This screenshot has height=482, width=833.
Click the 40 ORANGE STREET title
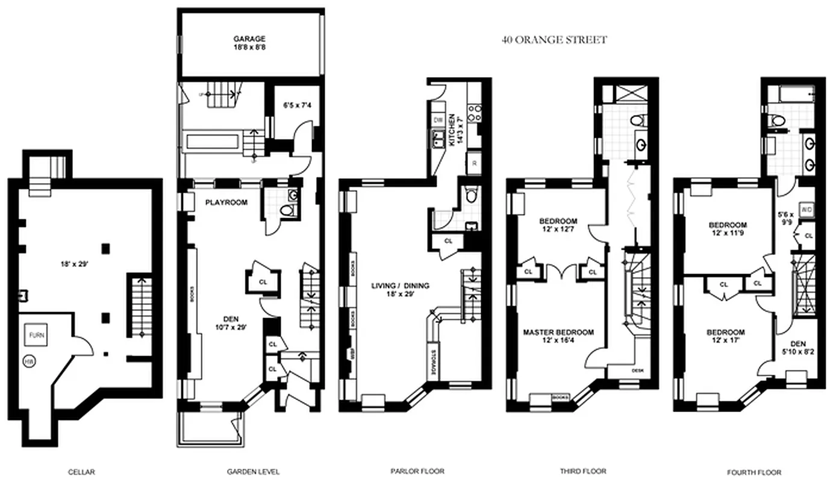tap(554, 40)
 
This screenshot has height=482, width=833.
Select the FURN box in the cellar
tap(33, 335)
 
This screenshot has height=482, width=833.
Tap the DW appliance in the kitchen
tap(438, 120)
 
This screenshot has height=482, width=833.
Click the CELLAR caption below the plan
tap(81, 472)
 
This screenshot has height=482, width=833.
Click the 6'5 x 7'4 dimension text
tap(298, 105)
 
